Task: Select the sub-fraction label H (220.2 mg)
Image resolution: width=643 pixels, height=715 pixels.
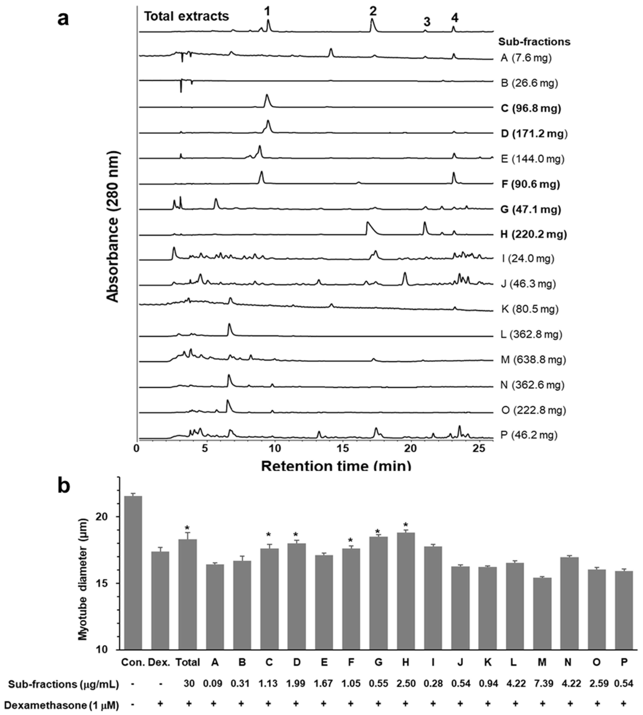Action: click(533, 234)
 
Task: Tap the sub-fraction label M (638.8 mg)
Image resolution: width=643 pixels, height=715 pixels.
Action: click(533, 360)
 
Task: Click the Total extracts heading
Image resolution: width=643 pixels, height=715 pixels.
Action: click(186, 16)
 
